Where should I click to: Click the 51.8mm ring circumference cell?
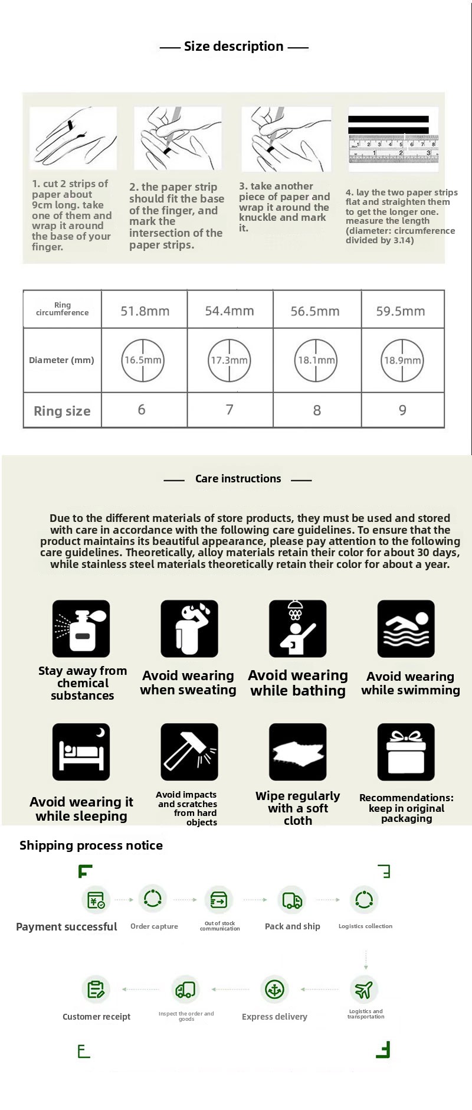coord(145,311)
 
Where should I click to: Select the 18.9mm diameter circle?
coord(402,360)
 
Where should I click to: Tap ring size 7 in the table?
coord(230,410)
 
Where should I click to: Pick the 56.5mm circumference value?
coord(315,311)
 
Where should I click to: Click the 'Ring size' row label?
coord(62,411)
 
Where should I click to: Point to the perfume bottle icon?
coord(81,629)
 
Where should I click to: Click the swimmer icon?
coord(406,629)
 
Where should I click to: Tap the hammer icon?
coord(189,752)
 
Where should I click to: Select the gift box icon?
coord(406,752)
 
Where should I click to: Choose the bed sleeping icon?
coord(81,752)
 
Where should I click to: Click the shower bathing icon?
coord(297,629)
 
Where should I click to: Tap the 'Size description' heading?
coord(234,46)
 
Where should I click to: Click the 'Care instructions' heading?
coord(238,479)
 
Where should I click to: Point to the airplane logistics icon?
coord(364,990)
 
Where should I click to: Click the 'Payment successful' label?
coord(67,926)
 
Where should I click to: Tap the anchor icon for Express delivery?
coord(274,990)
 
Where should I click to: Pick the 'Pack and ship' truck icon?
coord(292,900)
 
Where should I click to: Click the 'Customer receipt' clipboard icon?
coord(96,990)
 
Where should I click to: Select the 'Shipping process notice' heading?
coord(91,845)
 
